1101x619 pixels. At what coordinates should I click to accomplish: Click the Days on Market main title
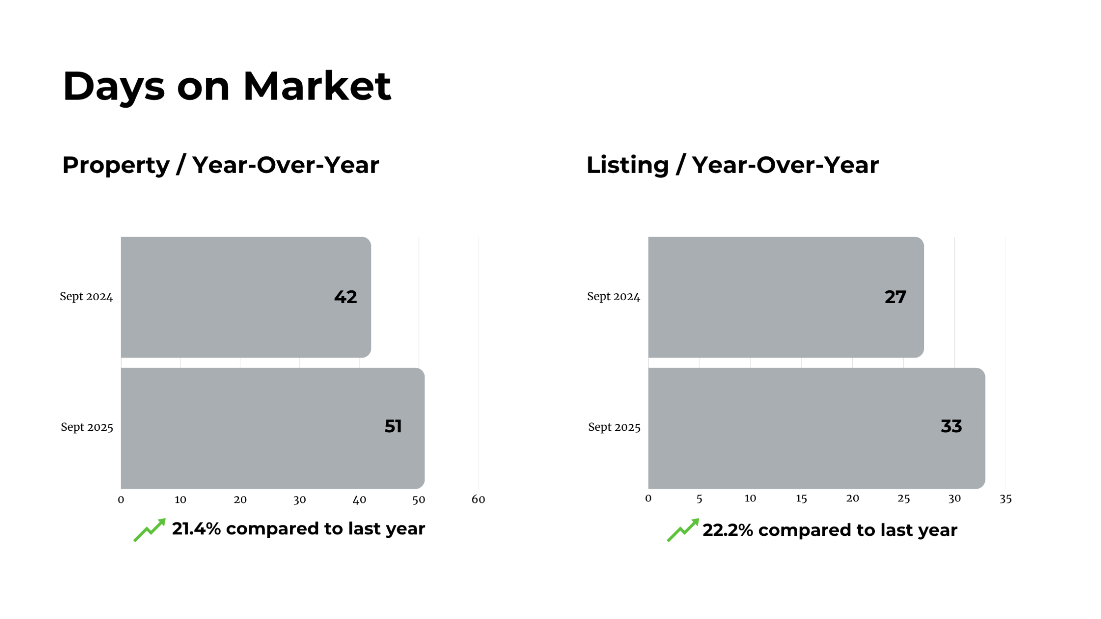[x=227, y=87]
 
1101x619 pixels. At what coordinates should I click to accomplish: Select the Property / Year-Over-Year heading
[x=221, y=165]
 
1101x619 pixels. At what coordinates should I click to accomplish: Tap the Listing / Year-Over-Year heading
[x=732, y=165]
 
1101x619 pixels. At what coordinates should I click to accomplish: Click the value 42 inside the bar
[x=345, y=297]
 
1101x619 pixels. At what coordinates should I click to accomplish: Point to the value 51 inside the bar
[x=393, y=426]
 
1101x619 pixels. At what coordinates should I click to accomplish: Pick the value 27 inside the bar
[x=895, y=297]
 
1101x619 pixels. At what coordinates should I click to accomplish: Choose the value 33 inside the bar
[x=951, y=426]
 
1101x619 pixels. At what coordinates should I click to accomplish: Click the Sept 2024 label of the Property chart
[x=86, y=297]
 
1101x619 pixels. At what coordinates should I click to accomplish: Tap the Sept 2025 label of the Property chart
[x=87, y=427]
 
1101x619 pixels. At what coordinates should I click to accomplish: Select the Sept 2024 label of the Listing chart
[x=614, y=297]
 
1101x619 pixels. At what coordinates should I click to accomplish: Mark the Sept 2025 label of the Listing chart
[x=614, y=427]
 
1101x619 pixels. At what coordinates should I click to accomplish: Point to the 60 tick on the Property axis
[x=478, y=499]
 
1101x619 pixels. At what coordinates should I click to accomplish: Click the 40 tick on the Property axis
[x=359, y=499]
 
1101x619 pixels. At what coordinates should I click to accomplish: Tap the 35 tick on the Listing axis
[x=1005, y=498]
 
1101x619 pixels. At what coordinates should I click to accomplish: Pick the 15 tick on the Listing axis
[x=801, y=498]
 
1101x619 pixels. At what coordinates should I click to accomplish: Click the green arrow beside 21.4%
[x=150, y=529]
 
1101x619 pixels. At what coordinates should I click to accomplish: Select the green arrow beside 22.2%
[x=683, y=530]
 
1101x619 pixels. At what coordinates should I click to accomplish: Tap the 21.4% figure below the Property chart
[x=196, y=529]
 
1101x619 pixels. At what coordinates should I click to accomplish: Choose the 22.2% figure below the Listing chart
[x=728, y=530]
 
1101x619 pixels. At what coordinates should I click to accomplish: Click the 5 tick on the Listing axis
[x=699, y=498]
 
